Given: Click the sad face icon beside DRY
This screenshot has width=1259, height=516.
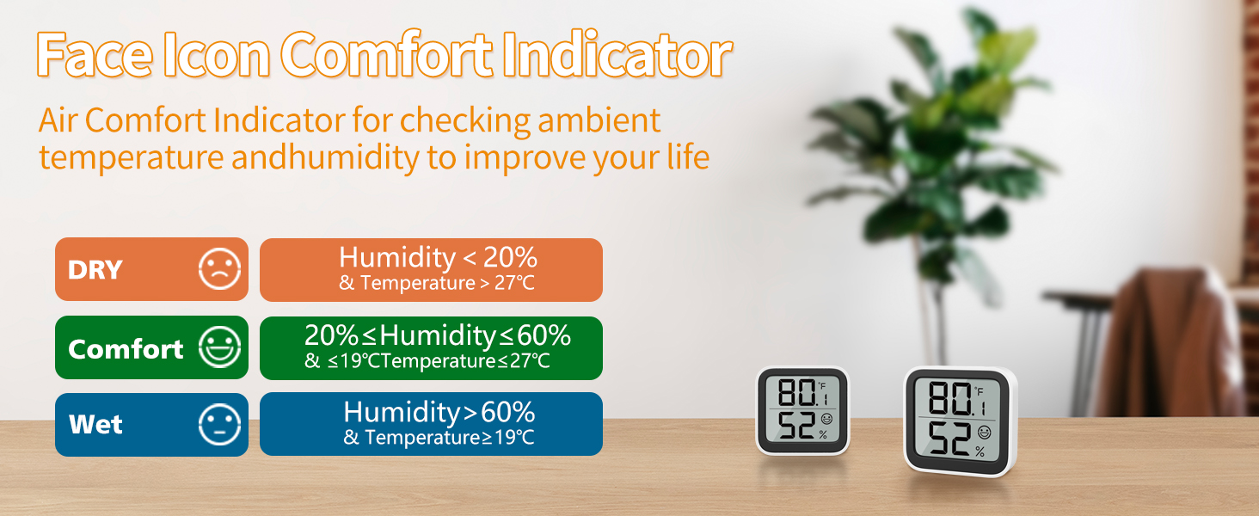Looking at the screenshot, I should (x=219, y=269).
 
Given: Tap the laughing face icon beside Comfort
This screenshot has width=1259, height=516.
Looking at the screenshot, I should (x=219, y=347).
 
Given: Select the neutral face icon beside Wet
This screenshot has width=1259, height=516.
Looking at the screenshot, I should (x=219, y=424).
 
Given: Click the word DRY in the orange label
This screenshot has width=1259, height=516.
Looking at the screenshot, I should (x=95, y=270).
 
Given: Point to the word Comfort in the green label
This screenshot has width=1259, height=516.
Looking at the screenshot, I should (x=126, y=348).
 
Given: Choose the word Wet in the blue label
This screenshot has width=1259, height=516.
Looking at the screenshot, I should (x=95, y=425).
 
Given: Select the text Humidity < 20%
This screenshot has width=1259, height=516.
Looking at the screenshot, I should (x=438, y=257).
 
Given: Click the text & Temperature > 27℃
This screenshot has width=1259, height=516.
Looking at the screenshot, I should (x=437, y=283).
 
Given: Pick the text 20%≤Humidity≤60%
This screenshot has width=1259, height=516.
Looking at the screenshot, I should (x=437, y=335).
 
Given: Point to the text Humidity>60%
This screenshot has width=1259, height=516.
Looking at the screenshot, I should (x=439, y=412).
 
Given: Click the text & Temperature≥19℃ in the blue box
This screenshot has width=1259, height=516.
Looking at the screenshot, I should (x=439, y=438).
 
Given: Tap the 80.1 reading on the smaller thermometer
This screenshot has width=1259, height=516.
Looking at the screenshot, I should (x=798, y=394).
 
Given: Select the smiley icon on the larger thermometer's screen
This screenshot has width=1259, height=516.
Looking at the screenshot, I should (x=984, y=430).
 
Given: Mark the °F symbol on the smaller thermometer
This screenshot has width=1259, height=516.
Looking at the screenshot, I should (x=821, y=386).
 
